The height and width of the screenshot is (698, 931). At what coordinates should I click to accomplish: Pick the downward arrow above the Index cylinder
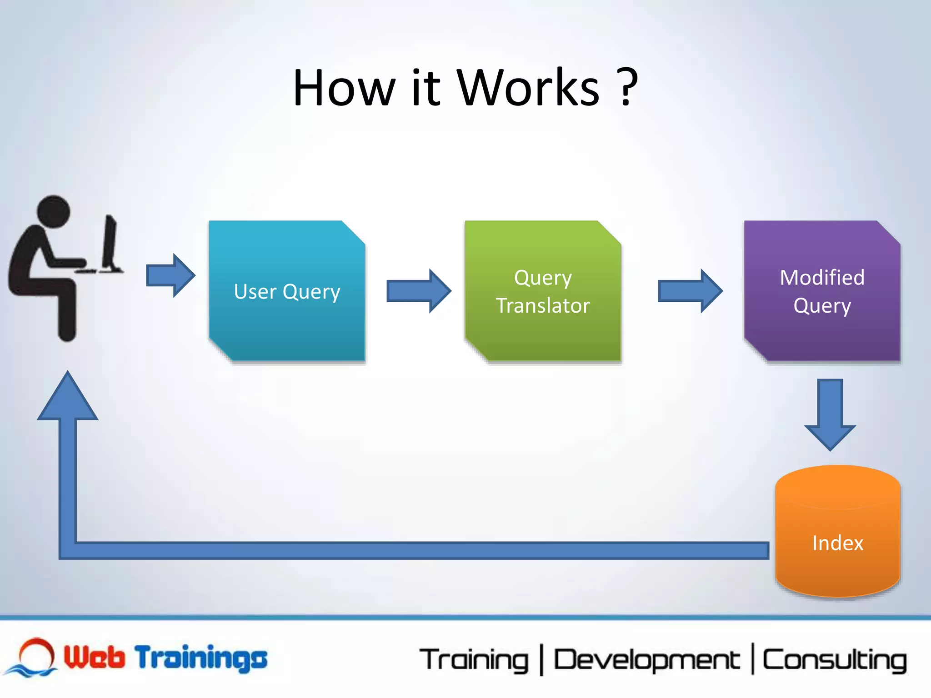coord(830,414)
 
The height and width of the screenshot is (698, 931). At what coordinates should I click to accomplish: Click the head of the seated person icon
coord(53,212)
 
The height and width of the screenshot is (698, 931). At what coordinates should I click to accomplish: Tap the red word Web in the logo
coord(94,657)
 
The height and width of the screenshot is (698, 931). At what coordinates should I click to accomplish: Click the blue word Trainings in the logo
coord(201,658)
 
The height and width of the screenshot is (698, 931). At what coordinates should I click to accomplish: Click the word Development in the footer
coord(646,660)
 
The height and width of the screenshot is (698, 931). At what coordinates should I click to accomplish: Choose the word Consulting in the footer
coord(834,660)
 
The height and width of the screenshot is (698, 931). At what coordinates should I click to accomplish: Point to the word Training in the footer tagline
coord(474,660)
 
